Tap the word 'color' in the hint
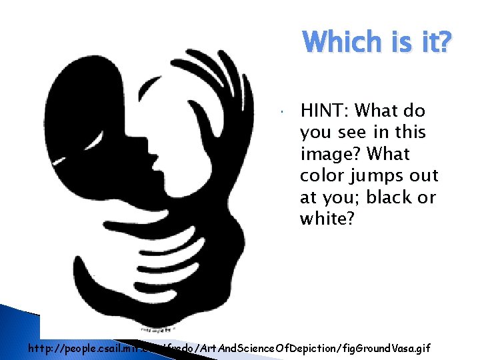click(324, 176)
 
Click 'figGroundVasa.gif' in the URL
click(383, 347)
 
